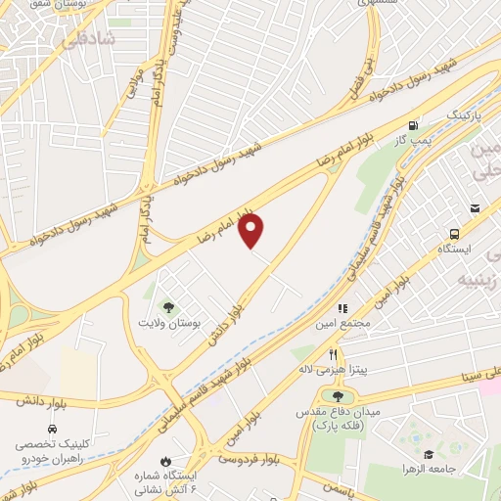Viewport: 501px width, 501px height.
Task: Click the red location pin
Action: pyautogui.click(x=252, y=230)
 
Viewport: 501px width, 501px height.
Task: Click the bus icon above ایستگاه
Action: pyautogui.click(x=454, y=234)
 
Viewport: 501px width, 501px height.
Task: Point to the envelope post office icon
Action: pyautogui.click(x=475, y=207)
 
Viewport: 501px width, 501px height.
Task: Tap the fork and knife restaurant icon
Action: pyautogui.click(x=333, y=354)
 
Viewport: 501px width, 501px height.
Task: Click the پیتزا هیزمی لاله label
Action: pyautogui.click(x=329, y=371)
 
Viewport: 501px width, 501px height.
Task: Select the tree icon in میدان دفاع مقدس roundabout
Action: pyautogui.click(x=339, y=396)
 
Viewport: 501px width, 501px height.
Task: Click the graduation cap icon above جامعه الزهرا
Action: pyautogui.click(x=429, y=454)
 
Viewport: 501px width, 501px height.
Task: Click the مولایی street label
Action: pyautogui.click(x=130, y=87)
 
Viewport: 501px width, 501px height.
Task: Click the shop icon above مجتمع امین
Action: pyautogui.click(x=342, y=308)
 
